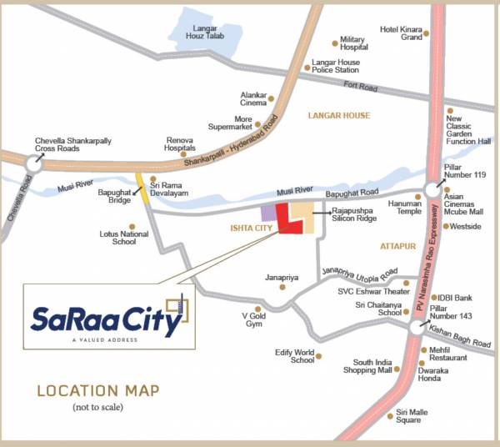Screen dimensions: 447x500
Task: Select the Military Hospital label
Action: coord(353,43)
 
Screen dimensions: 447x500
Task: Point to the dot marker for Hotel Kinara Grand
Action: coord(426,34)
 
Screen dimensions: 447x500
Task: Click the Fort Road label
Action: coord(360,88)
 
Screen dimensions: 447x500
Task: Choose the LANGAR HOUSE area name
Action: coord(338,115)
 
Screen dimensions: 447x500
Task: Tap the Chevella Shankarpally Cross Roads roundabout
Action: coord(32,164)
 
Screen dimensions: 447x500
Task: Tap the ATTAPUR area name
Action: coord(397,248)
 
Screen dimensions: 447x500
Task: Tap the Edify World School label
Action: coord(294,356)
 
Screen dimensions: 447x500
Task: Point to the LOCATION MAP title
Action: coord(97,390)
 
